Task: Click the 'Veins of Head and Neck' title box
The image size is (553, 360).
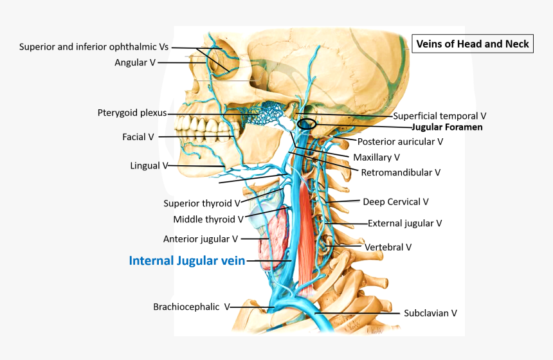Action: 473,44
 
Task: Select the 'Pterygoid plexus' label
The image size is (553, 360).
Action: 132,113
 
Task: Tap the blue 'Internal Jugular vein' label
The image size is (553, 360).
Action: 186,260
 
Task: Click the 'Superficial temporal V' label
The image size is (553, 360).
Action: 439,116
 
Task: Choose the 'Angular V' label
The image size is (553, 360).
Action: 135,62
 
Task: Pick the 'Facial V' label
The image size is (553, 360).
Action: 138,137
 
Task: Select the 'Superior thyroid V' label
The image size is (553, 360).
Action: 201,203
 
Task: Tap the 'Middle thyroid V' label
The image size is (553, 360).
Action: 208,219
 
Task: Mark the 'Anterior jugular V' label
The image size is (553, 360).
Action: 201,239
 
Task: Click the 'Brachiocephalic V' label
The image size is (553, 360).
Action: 191,307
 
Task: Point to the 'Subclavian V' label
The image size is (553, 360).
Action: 430,313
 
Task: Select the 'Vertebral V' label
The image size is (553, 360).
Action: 388,247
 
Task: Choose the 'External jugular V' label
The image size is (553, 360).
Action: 404,223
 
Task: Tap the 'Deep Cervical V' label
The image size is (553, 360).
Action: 395,202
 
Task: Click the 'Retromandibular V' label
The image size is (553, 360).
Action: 401,172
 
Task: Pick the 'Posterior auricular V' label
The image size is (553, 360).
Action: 400,141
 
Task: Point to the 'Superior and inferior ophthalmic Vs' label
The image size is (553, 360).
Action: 94,47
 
